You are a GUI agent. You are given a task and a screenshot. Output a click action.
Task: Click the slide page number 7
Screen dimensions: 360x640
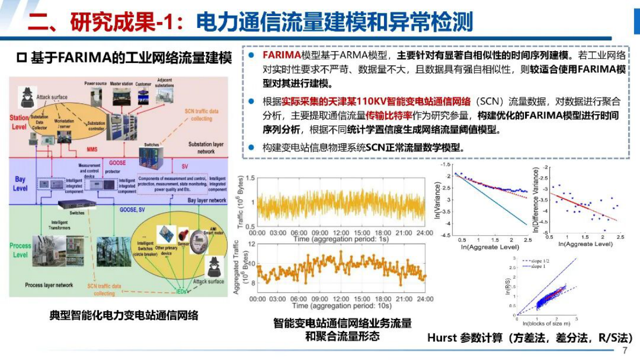click(625, 351)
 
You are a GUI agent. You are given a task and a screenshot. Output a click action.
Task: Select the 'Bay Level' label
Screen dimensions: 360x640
click(20, 183)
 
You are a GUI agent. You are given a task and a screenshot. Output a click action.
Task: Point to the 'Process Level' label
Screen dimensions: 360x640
click(20, 250)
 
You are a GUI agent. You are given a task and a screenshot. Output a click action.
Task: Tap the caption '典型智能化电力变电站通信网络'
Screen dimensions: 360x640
click(124, 315)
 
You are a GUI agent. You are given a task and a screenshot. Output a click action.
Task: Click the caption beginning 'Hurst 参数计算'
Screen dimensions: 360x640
click(529, 338)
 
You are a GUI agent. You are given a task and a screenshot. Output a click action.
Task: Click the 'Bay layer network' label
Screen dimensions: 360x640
click(207, 200)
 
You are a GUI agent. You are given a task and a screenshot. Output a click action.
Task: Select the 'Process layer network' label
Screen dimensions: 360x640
click(49, 285)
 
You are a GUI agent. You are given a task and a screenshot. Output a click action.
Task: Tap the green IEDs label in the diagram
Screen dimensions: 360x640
click(181, 291)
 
